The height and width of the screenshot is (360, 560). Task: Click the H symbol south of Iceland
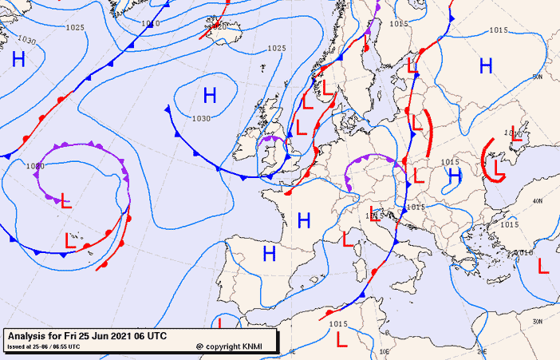[x=210, y=96]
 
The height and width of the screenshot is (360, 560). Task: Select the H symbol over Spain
[x=270, y=254]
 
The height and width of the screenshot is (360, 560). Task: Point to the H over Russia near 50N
[x=486, y=65]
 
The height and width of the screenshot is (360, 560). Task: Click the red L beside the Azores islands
[x=70, y=241]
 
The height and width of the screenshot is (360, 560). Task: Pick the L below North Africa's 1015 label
[x=342, y=340]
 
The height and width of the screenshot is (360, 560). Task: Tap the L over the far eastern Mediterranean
[x=544, y=266]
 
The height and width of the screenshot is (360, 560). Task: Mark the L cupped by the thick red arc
[x=499, y=167]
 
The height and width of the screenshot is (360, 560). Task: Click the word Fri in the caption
[x=73, y=336]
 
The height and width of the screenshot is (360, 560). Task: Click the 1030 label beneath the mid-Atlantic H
[x=202, y=118]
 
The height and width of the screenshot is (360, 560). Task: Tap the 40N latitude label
[x=538, y=200]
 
